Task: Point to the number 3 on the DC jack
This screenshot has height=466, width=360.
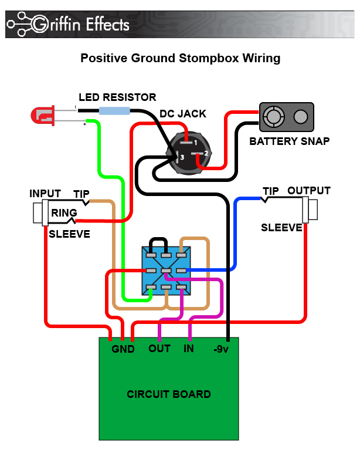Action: [182, 157]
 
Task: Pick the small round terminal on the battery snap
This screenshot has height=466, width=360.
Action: [301, 117]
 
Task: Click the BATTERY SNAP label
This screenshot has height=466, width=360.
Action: [289, 141]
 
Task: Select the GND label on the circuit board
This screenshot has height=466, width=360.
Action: [123, 349]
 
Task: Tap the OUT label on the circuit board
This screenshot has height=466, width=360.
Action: [159, 349]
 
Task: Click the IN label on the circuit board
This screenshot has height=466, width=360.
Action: [189, 349]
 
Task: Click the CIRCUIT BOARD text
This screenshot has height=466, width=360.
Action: [168, 394]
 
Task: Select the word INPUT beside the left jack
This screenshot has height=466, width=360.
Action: [45, 194]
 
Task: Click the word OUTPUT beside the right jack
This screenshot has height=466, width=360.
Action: [308, 191]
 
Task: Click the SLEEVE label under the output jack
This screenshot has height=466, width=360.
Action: [281, 227]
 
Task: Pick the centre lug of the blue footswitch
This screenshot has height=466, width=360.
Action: [166, 271]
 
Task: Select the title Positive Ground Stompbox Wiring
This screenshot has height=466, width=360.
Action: [180, 58]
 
